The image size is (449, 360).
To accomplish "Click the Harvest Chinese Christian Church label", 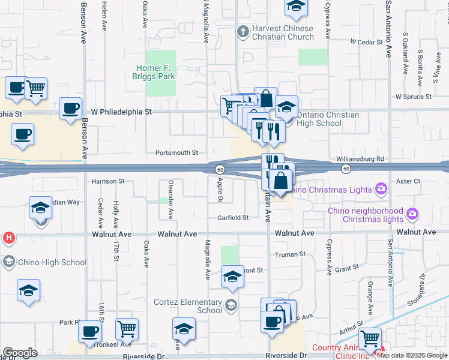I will pyautogui.click(x=283, y=32).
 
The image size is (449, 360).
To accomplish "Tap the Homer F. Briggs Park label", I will pyautogui.click(x=155, y=72).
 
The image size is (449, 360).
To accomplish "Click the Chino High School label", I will pyautogui.click(x=53, y=262).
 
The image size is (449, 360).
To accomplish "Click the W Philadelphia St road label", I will pyautogui.click(x=121, y=112).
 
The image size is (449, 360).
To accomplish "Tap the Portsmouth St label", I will pyautogui.click(x=176, y=153).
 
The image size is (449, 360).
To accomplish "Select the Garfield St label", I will pyautogui.click(x=233, y=218).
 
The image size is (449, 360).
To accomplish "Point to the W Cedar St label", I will pyautogui.click(x=366, y=42).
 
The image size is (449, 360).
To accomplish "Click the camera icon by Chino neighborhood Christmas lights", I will pyautogui.click(x=412, y=213).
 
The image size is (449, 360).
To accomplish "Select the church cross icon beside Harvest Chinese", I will pyautogui.click(x=243, y=31).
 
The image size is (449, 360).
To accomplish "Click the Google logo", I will pyautogui.click(x=20, y=353).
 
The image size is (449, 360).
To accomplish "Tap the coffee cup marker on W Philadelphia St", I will pyautogui.click(x=71, y=109).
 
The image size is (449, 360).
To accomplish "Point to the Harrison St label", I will pyautogui.click(x=108, y=181).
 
